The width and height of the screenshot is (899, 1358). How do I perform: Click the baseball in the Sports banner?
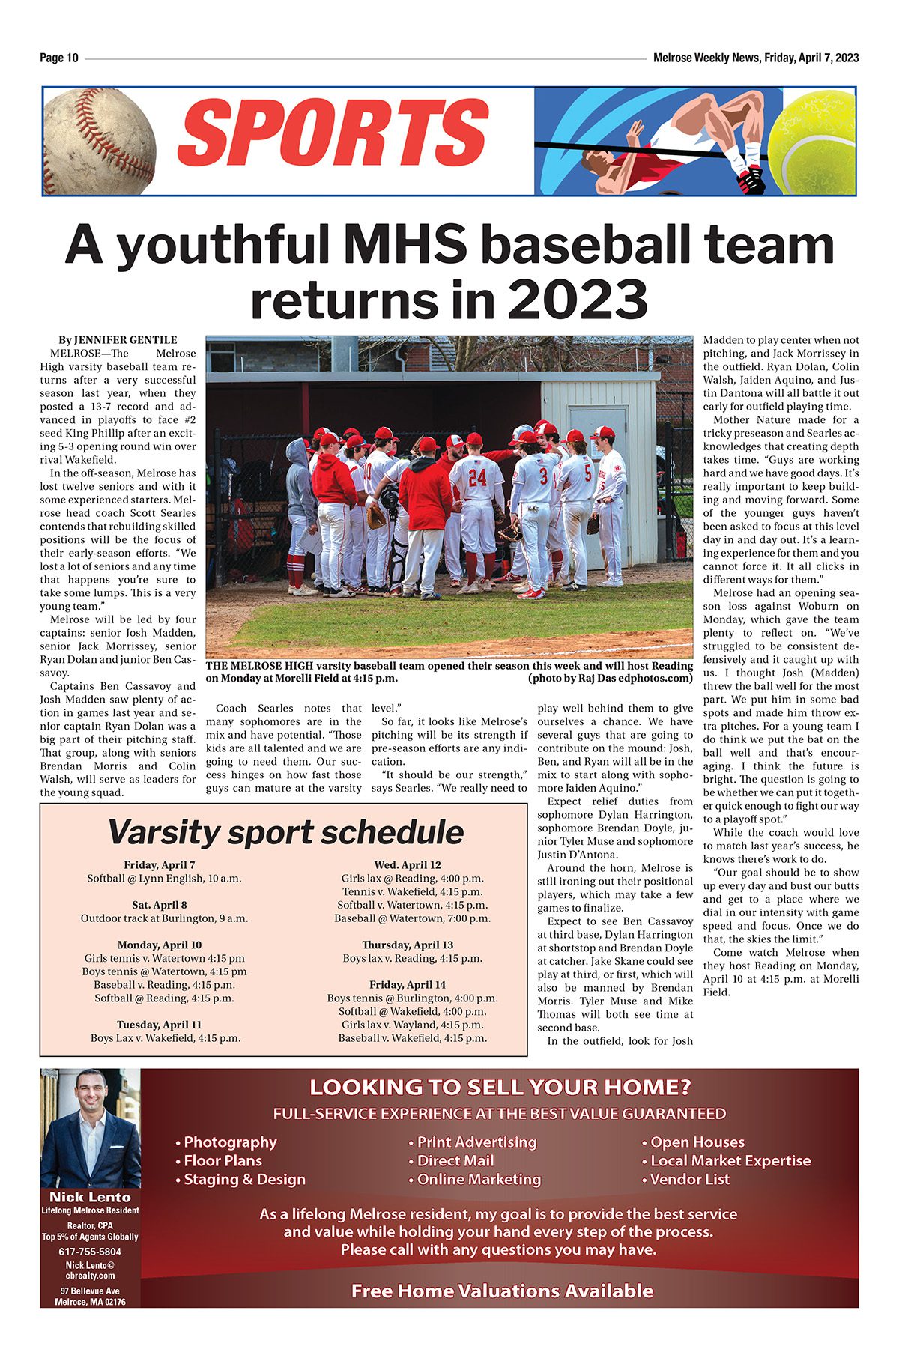(x=99, y=140)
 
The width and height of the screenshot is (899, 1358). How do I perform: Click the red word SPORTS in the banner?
(x=333, y=134)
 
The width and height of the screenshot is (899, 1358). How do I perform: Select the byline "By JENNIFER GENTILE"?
(x=118, y=340)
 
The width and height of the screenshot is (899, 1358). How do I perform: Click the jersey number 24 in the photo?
(x=477, y=477)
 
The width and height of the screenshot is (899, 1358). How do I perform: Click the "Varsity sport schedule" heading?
(x=285, y=831)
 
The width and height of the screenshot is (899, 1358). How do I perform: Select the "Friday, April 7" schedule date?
(x=160, y=865)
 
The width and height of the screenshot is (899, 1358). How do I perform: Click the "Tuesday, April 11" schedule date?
(x=159, y=1025)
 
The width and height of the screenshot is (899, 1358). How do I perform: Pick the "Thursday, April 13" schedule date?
(x=408, y=945)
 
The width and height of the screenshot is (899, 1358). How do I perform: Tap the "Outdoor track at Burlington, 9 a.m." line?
(x=164, y=918)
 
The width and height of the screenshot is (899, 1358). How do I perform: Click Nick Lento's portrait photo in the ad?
(x=90, y=1127)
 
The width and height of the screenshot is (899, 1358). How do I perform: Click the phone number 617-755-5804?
(x=90, y=1252)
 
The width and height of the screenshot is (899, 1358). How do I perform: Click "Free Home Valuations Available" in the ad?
(x=502, y=1291)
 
